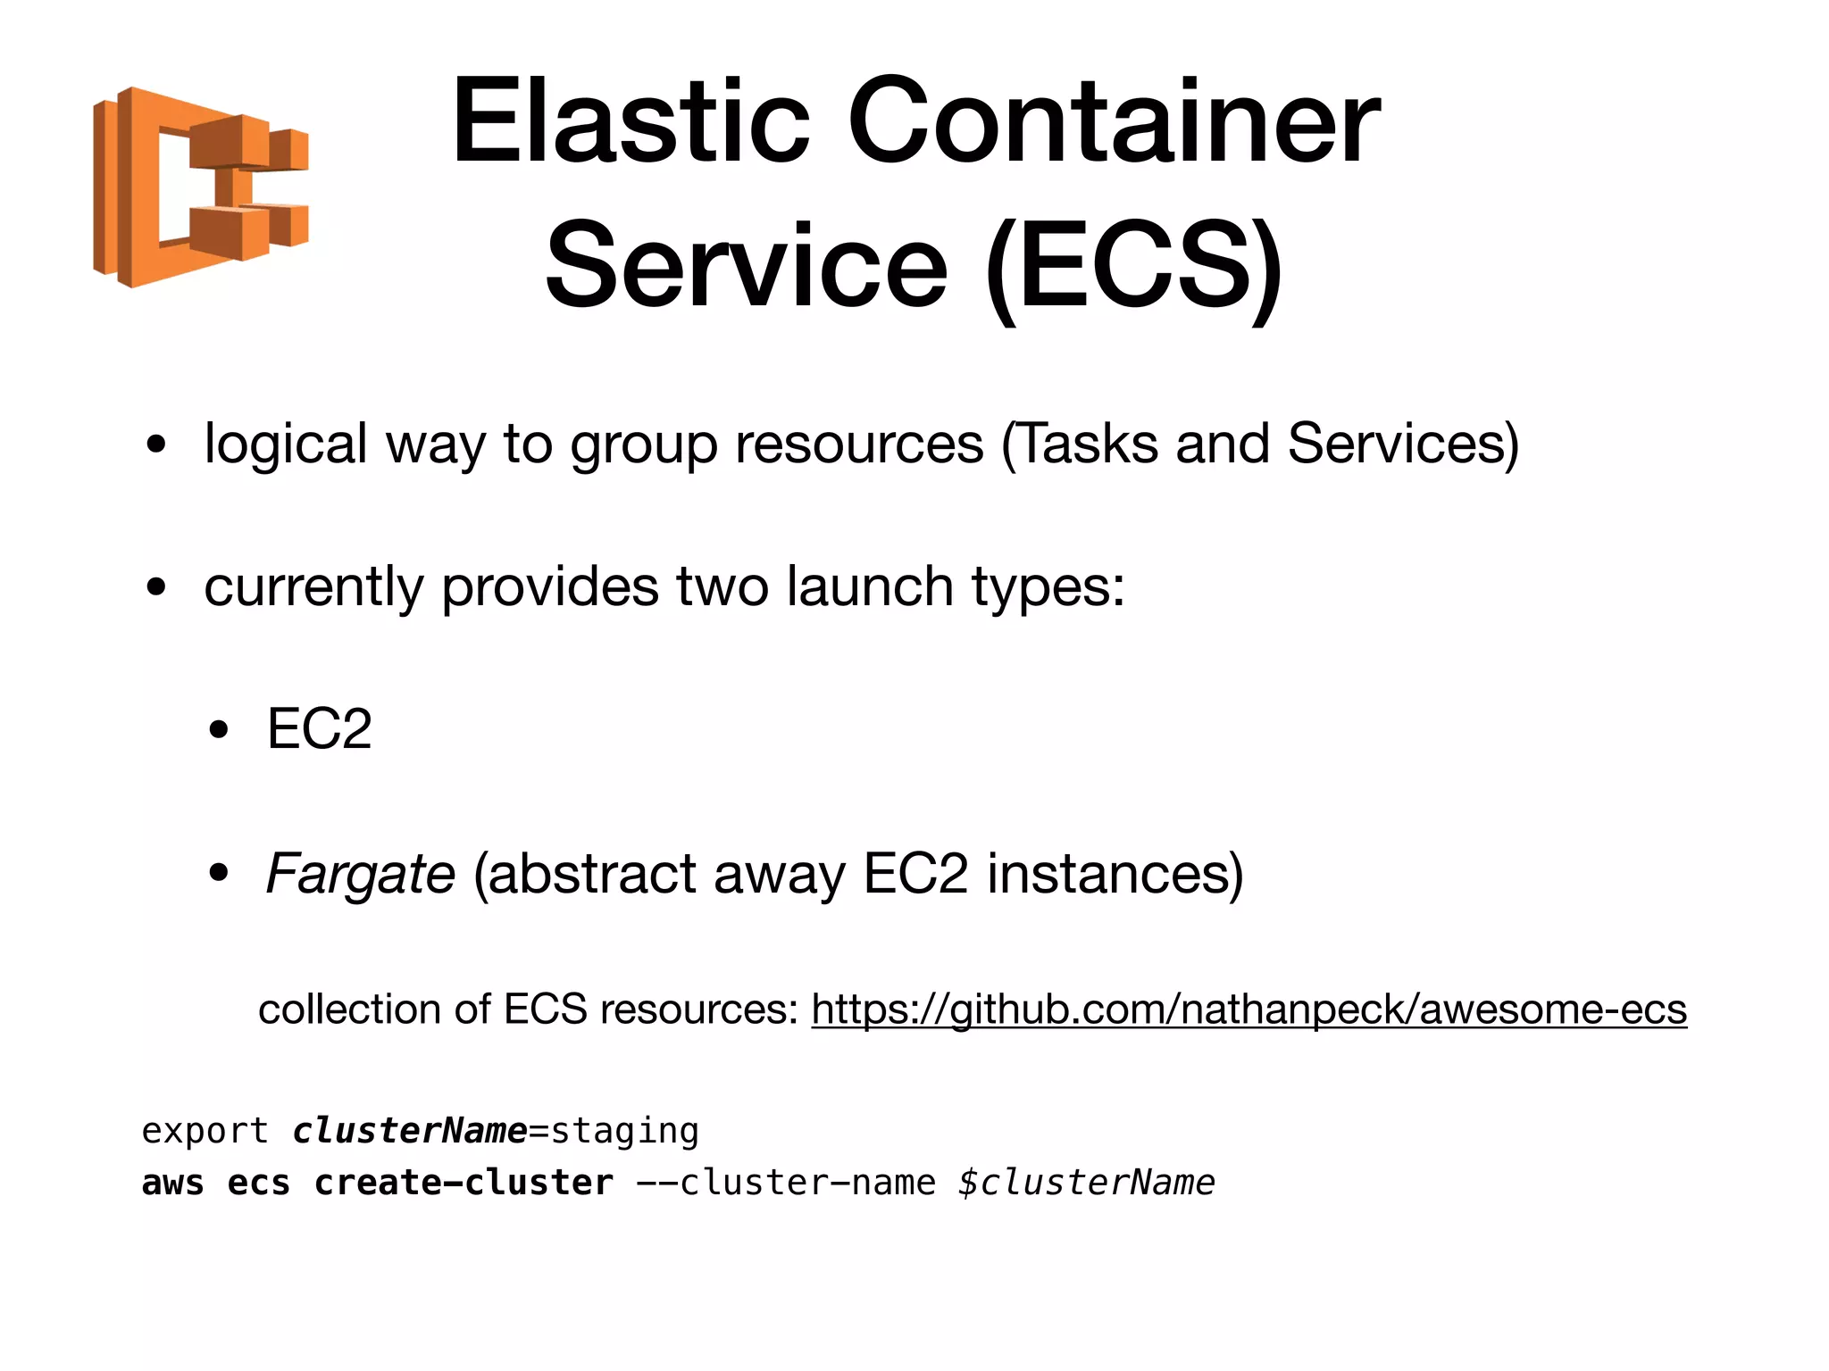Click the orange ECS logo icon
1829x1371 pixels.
(200, 187)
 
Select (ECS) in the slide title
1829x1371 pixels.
(1134, 266)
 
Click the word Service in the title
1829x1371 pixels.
(747, 266)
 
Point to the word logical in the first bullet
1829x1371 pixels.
(286, 444)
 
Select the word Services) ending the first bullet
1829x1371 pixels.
(1402, 444)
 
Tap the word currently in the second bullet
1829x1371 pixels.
(313, 587)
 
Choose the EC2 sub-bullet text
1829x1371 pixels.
(319, 729)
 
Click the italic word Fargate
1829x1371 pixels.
(361, 874)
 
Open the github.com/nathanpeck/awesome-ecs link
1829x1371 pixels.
(1249, 1010)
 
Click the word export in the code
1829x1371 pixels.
(205, 1132)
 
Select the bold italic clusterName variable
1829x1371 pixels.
(410, 1131)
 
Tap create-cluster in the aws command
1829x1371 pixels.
(464, 1183)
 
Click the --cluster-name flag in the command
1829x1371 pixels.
(786, 1183)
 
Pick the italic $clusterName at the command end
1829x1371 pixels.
(1086, 1183)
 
